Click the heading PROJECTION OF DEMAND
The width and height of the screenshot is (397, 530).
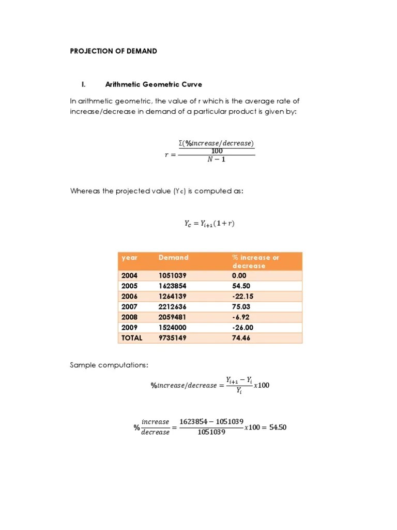click(x=113, y=51)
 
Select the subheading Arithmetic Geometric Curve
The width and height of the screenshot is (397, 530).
click(x=154, y=84)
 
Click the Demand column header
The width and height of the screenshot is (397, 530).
click(x=173, y=257)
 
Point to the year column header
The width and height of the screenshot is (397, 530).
click(x=129, y=257)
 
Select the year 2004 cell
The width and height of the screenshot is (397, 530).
click(x=129, y=275)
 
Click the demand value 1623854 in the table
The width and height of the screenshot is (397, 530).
click(x=172, y=286)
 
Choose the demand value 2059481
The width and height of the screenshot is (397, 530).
click(x=172, y=317)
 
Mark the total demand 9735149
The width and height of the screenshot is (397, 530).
click(x=172, y=337)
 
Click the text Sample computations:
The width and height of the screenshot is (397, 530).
click(x=109, y=366)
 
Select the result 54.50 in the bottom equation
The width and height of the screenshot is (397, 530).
click(x=278, y=427)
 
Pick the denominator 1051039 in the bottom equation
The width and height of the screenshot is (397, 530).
click(x=211, y=433)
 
